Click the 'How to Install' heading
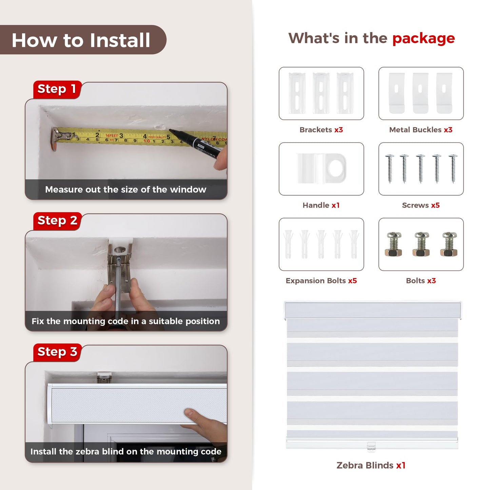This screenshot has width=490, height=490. tap(81, 40)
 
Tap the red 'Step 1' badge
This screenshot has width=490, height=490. tap(57, 90)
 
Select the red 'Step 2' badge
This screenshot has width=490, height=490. tap(57, 221)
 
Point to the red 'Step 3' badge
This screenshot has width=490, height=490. tap(57, 352)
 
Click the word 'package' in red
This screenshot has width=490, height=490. tap(424, 39)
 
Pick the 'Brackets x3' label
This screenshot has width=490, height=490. tap(321, 130)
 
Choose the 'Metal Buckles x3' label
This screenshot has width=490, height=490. tap(421, 130)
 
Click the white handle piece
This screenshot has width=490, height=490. tap(321, 168)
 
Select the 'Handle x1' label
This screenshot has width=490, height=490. tap(321, 205)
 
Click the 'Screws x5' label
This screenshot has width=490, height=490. tap(421, 205)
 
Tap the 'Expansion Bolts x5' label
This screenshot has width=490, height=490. tap(321, 281)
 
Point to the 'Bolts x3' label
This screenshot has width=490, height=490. tap(421, 281)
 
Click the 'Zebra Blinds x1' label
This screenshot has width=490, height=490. tap(371, 465)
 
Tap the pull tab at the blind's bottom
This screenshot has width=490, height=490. tap(371, 447)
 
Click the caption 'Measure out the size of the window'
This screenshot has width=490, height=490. tap(125, 190)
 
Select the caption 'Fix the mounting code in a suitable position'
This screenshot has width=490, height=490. tap(125, 321)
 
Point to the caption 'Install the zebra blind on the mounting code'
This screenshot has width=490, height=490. tap(125, 451)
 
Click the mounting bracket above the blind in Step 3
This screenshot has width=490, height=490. tap(104, 378)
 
